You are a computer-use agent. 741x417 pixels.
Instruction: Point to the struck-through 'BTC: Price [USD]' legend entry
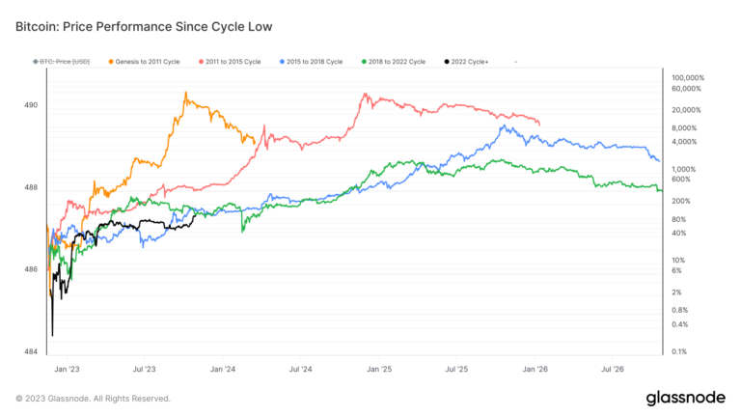pyautogui.click(x=62, y=62)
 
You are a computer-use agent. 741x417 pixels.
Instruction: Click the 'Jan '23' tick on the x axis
pyautogui.click(x=68, y=369)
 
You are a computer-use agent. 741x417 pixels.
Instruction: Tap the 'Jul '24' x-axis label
pyautogui.click(x=300, y=369)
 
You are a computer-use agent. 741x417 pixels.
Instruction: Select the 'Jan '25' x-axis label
pyautogui.click(x=379, y=369)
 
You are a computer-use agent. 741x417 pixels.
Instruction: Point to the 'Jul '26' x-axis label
pyautogui.click(x=613, y=369)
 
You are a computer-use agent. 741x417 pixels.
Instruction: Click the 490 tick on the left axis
pyautogui.click(x=30, y=104)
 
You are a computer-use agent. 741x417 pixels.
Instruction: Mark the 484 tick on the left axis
pyautogui.click(x=30, y=351)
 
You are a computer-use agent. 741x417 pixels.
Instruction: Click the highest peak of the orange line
pyautogui.click(x=185, y=94)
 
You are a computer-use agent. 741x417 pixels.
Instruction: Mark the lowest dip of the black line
pyautogui.click(x=52, y=335)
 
